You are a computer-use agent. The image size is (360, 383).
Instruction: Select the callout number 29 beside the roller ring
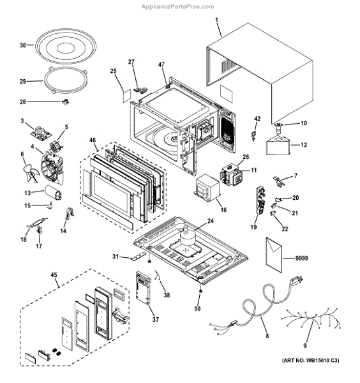pos(23,81)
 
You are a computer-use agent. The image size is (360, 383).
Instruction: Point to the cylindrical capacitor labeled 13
pos(53,193)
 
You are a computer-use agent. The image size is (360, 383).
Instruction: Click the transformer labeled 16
pos(207,188)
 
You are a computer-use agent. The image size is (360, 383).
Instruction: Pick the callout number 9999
pos(301,258)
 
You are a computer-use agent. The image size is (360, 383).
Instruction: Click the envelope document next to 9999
pos(274,255)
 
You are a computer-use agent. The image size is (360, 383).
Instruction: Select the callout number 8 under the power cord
pos(267,336)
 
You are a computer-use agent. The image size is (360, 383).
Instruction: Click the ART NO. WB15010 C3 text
pos(310,360)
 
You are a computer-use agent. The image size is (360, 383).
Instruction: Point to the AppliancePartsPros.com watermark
pos(178,6)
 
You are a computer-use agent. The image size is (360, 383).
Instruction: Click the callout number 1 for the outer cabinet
pos(216,20)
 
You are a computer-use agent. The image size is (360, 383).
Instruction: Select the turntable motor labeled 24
pos(187,236)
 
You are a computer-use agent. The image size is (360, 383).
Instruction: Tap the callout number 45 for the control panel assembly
pos(54,274)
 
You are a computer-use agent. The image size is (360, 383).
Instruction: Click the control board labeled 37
pos(143,288)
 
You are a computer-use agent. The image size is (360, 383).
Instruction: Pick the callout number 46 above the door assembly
pos(93,140)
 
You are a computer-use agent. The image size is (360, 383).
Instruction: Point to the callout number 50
pos(197,308)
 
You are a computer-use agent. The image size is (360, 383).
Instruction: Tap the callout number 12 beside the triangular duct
pos(304,145)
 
